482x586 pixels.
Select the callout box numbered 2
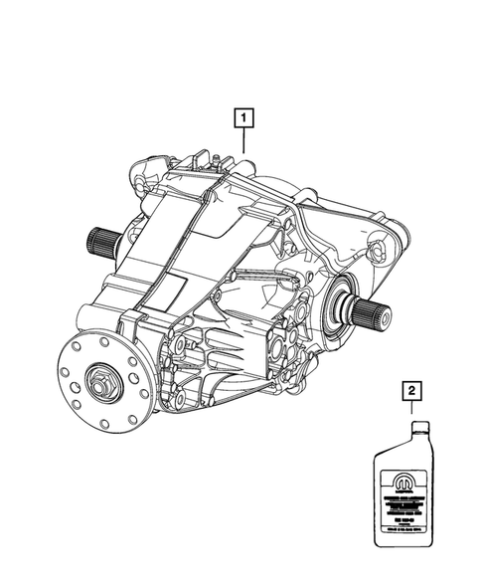point(409,392)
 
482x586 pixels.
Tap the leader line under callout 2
point(409,411)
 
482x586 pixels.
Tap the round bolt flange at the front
point(103,379)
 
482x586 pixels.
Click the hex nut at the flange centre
point(103,380)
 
